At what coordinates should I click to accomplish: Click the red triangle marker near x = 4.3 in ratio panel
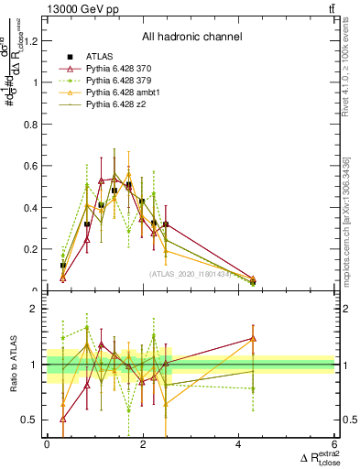point(252,338)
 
